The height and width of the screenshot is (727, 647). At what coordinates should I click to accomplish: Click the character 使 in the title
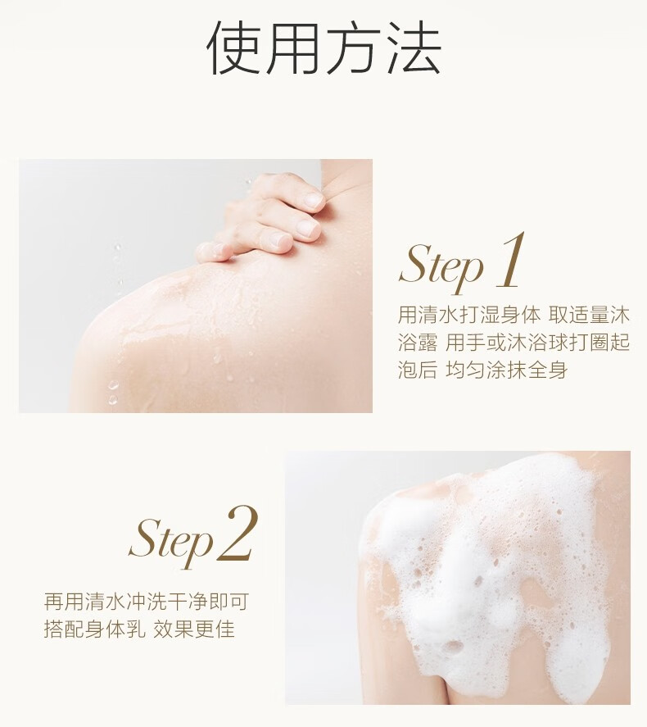[234, 48]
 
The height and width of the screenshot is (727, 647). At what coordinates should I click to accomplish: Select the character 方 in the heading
[353, 48]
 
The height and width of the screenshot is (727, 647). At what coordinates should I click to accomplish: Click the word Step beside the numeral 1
[441, 266]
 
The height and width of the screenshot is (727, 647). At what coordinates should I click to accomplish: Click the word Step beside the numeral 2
[171, 540]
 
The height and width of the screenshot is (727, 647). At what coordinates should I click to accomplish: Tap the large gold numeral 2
[238, 534]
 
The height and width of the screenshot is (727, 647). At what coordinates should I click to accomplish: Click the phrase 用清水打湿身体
[468, 316]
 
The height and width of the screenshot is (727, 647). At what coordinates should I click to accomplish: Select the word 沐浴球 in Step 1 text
[538, 343]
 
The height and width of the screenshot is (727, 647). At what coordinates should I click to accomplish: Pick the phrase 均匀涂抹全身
[507, 370]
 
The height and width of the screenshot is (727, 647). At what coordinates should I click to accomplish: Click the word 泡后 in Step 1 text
[418, 370]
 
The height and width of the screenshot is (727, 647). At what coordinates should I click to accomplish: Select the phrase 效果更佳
[194, 629]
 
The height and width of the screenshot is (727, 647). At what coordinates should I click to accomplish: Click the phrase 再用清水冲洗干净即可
[147, 602]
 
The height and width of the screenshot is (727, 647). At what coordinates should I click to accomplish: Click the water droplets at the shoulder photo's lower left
[112, 392]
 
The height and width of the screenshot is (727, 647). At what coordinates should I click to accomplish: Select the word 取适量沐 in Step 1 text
[589, 316]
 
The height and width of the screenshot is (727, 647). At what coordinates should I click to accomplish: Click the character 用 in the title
[294, 48]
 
